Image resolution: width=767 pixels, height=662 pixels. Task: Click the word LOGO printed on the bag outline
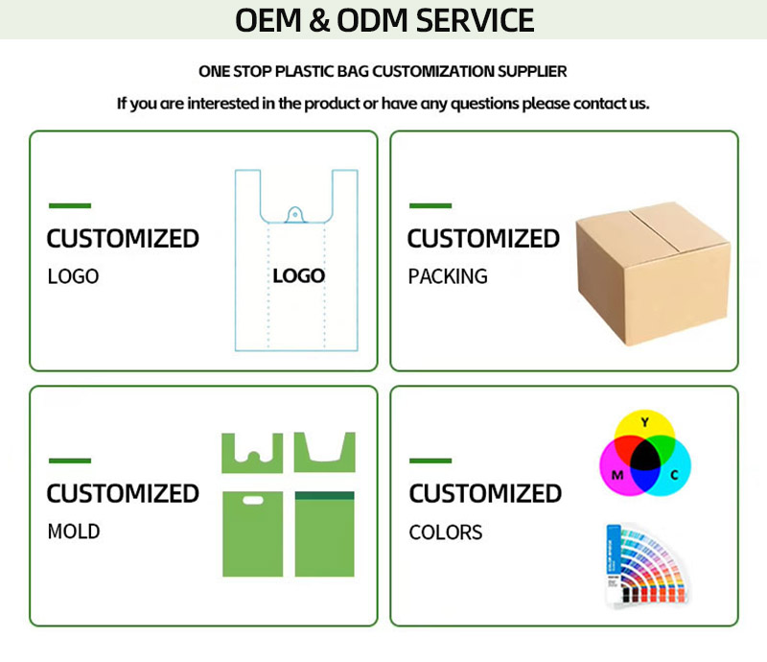pyautogui.click(x=298, y=276)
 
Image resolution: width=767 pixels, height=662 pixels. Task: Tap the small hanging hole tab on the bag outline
pyautogui.click(x=295, y=215)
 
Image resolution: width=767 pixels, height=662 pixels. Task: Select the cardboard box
pyautogui.click(x=653, y=273)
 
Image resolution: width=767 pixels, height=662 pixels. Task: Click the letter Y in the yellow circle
pyautogui.click(x=644, y=422)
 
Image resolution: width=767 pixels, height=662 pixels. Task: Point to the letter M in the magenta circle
pyautogui.click(x=617, y=475)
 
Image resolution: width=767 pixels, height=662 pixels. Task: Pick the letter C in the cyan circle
pyautogui.click(x=674, y=475)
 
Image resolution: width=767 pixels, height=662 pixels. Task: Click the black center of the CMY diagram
pyautogui.click(x=645, y=459)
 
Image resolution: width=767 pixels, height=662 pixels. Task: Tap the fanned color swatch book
pyautogui.click(x=645, y=565)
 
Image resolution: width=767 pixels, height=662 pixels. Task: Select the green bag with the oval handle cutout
pyautogui.click(x=252, y=533)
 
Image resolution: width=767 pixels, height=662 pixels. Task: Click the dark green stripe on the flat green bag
pyautogui.click(x=324, y=495)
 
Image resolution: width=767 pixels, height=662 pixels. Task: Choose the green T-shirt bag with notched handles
pyautogui.click(x=252, y=453)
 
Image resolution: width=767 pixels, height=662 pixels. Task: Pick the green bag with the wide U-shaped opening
pyautogui.click(x=324, y=452)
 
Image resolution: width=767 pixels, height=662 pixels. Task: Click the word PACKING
pyautogui.click(x=448, y=276)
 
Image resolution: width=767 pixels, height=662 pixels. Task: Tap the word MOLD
pyautogui.click(x=74, y=532)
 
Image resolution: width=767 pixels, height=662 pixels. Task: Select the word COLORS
pyautogui.click(x=446, y=532)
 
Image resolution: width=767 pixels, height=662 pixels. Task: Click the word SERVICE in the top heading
pyautogui.click(x=475, y=20)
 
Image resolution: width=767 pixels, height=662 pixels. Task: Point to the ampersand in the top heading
pyautogui.click(x=319, y=20)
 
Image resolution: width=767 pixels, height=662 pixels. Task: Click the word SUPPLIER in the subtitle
pyautogui.click(x=532, y=72)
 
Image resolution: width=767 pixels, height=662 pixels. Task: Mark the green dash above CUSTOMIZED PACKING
pyautogui.click(x=430, y=205)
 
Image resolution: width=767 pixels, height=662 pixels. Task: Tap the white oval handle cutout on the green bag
pyautogui.click(x=253, y=500)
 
